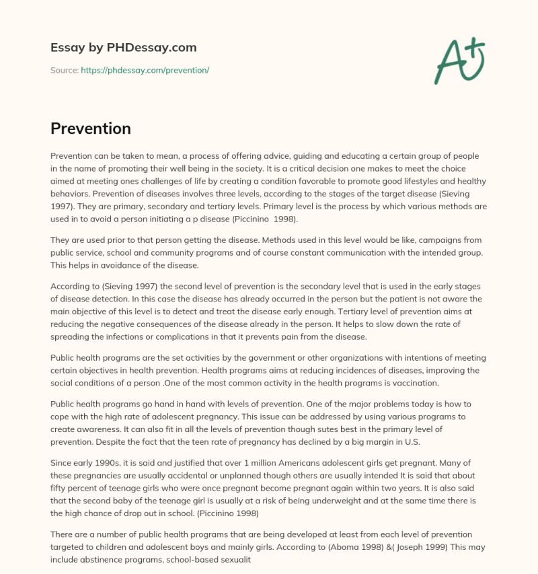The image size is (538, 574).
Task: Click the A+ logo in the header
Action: [459, 60]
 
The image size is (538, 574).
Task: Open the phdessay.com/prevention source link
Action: [145, 71]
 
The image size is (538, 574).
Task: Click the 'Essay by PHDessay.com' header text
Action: [123, 48]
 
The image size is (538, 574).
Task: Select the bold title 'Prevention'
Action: [90, 128]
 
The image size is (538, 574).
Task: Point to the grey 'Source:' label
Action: [64, 71]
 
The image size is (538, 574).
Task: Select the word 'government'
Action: [259, 357]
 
